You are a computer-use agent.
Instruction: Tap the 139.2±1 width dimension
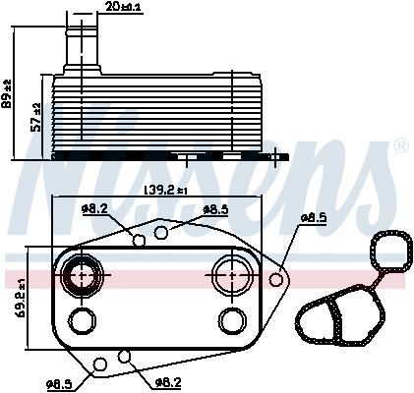(165, 190)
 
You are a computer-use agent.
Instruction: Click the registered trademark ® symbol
(401, 146)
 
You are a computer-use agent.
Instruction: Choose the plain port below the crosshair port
(232, 320)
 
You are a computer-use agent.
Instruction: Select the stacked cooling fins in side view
(148, 113)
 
